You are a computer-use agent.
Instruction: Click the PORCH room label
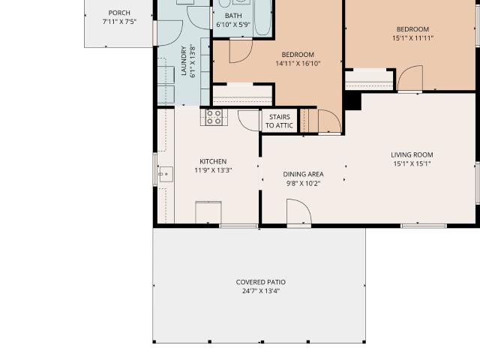(x=119, y=13)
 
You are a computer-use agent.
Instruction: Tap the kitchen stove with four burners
(x=214, y=117)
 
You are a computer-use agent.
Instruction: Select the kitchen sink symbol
(x=166, y=174)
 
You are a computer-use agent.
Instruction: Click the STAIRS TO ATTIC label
(x=280, y=121)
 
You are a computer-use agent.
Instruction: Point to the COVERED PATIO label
(x=261, y=282)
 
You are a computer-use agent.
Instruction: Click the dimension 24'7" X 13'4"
(x=261, y=291)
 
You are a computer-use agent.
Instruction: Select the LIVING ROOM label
(x=412, y=155)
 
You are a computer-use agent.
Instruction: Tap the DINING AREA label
(x=303, y=174)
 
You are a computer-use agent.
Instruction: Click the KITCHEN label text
(x=213, y=161)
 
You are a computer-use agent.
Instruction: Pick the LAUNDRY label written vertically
(x=184, y=61)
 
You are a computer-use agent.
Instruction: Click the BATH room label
(x=233, y=16)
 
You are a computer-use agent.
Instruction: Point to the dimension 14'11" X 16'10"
(x=298, y=64)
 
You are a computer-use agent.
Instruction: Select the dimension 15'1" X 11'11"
(x=412, y=38)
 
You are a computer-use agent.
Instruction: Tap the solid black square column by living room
(x=352, y=101)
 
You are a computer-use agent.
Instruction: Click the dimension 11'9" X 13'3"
(x=213, y=170)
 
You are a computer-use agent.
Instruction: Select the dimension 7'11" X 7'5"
(x=119, y=22)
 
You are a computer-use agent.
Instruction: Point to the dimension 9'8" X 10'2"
(x=303, y=183)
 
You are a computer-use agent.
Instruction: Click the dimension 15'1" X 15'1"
(x=412, y=163)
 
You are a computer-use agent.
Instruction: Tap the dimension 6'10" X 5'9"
(x=233, y=25)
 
